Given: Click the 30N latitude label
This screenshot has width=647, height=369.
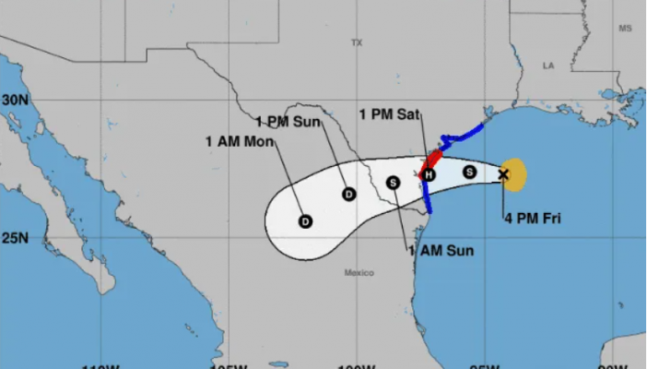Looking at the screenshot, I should tap(13, 99).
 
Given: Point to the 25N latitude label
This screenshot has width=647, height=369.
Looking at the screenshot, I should tap(13, 238).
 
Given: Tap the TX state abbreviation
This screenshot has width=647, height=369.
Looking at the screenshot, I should tap(357, 42).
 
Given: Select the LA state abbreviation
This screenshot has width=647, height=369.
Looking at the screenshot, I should tap(549, 65).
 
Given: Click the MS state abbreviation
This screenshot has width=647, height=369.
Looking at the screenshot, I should tap(626, 29).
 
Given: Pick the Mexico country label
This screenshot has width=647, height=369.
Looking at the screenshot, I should tap(359, 272).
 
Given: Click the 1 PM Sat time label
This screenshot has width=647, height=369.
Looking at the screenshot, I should tap(390, 114).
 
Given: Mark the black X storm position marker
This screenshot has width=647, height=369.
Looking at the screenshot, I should tap(503, 173).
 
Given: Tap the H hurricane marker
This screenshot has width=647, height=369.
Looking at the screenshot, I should tap(429, 174).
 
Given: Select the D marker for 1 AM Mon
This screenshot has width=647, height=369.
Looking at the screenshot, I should tap(305, 221).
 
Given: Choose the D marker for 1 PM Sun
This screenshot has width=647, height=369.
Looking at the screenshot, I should tap(348, 194).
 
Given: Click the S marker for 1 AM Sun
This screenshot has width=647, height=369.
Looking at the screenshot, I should tap(394, 183).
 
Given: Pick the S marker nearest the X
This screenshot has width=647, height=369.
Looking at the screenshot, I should tap(468, 172).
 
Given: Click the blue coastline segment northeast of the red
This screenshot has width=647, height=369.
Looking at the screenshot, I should tap(461, 137).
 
